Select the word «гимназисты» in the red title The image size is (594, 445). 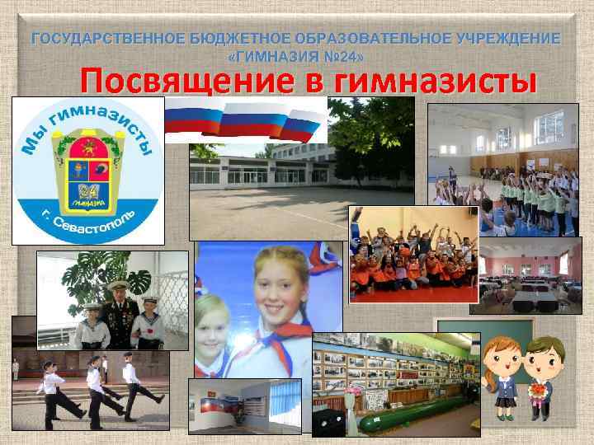pyautogui.click(x=426, y=82)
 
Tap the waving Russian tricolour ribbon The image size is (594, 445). pyautogui.click(x=247, y=119)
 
